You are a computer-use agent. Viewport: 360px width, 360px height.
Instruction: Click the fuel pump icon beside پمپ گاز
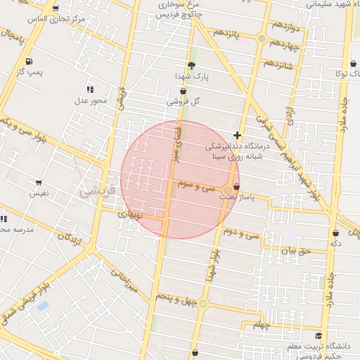(x=28, y=60)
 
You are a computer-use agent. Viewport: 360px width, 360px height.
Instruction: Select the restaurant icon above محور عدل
(x=90, y=89)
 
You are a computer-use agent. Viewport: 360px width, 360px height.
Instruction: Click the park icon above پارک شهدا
(x=192, y=65)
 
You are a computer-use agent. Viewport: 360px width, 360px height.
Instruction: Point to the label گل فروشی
(x=184, y=101)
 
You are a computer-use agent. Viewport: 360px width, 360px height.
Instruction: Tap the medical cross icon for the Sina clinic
(x=238, y=135)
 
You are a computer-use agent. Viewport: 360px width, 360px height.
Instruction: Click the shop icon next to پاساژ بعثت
(x=236, y=187)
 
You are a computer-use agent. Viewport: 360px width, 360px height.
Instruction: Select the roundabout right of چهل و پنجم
(x=203, y=304)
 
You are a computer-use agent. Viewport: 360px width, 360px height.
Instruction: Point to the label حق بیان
(x=295, y=250)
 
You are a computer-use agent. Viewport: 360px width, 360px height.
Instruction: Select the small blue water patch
(x=43, y=306)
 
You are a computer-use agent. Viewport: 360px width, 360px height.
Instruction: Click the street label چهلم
(x=262, y=326)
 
